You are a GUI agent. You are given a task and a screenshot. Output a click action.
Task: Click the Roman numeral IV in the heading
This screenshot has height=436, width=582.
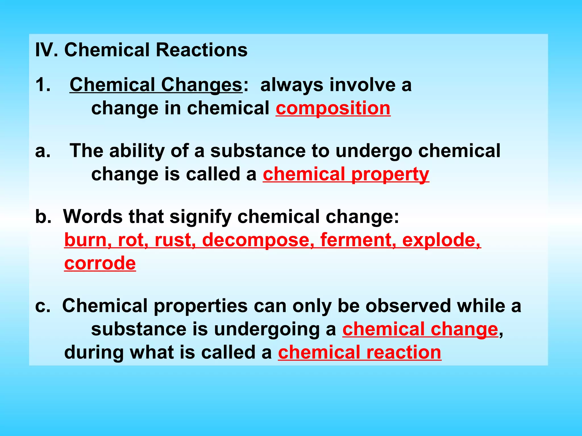45,50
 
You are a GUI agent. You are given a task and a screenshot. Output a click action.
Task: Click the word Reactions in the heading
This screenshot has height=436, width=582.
201,50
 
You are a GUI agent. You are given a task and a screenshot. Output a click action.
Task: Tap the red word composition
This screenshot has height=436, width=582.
333,108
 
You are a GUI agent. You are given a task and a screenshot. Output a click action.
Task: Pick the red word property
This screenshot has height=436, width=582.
390,174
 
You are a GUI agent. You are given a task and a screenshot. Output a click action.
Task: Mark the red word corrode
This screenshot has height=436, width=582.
100,263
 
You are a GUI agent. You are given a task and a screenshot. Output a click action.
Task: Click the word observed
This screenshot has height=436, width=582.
408,306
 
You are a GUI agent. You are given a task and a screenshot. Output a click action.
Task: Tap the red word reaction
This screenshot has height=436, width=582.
404,353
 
